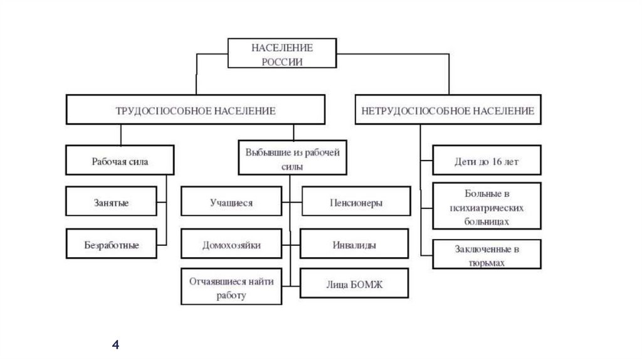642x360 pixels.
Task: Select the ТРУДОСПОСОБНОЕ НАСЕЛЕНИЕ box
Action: (x=196, y=110)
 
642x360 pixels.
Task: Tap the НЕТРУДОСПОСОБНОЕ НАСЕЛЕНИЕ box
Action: (x=448, y=110)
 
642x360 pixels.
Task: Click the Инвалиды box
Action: (x=354, y=245)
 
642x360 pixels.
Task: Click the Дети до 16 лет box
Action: (x=487, y=161)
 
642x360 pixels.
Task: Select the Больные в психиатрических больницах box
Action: (x=487, y=204)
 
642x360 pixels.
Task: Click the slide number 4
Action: (x=115, y=344)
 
